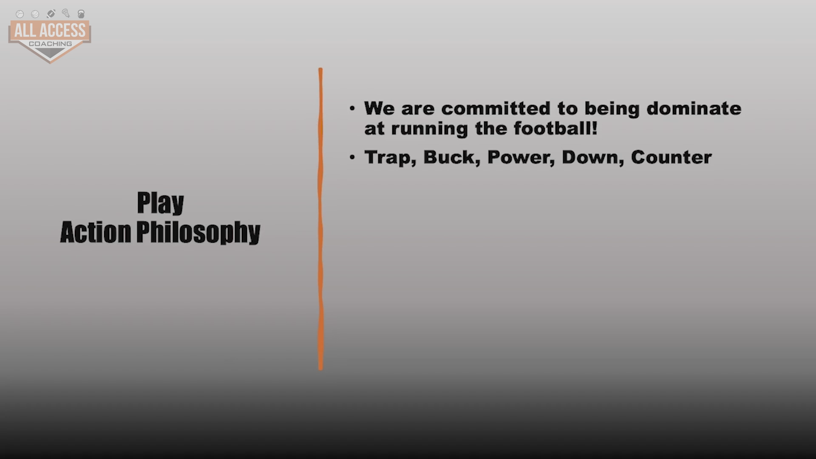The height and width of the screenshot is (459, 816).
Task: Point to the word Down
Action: (x=591, y=157)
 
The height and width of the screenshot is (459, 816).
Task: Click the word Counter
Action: (x=671, y=157)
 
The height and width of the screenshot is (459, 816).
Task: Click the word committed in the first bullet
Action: (x=496, y=108)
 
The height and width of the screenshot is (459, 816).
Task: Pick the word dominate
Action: (x=694, y=108)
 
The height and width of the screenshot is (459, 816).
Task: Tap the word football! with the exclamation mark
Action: (x=555, y=128)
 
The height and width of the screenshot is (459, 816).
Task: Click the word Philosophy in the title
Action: (x=198, y=232)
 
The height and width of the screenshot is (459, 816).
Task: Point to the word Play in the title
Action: (x=160, y=203)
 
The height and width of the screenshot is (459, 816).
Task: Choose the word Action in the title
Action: (x=96, y=232)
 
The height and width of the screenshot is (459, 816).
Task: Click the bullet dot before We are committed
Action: (x=352, y=108)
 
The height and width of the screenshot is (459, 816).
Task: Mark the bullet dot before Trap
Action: (x=352, y=157)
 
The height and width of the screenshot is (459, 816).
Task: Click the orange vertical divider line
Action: (x=320, y=219)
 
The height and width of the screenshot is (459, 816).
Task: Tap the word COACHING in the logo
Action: (x=50, y=44)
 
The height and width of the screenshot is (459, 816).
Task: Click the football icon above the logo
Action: (x=51, y=14)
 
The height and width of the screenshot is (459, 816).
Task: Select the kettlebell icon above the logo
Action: (x=81, y=14)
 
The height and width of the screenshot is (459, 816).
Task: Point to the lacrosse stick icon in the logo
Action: (x=66, y=13)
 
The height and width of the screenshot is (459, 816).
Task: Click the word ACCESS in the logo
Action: (x=62, y=31)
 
